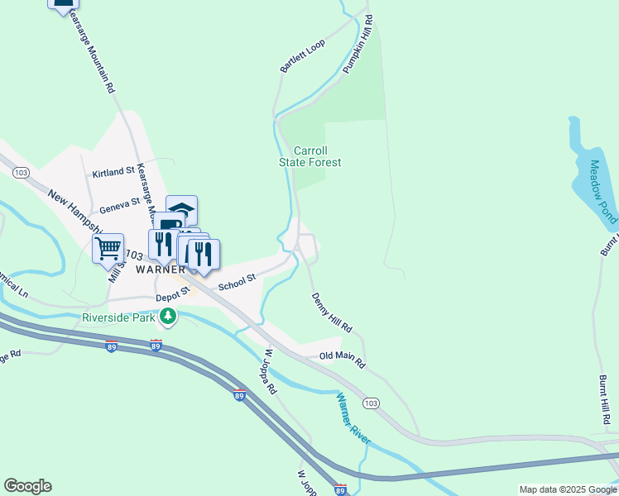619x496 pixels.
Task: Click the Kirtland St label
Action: pos(113,172)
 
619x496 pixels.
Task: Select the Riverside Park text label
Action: pos(118,317)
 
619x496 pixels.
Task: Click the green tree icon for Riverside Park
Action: pos(168,317)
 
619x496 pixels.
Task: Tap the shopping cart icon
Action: pos(108,247)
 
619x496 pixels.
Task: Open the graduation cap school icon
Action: pos(182,209)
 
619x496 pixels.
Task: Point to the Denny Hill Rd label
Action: pos(332,313)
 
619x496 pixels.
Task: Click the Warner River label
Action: pos(353,415)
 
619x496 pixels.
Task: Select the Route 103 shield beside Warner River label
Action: pos(372,403)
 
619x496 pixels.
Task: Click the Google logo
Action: pos(27,486)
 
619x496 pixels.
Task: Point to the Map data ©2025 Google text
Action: pos(568,489)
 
